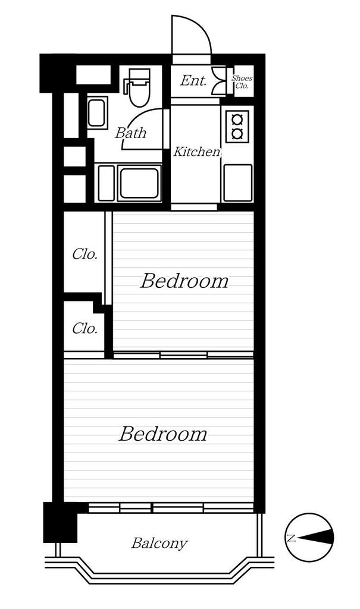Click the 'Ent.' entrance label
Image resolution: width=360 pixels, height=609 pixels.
click(193, 81)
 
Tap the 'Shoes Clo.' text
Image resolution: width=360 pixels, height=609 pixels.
click(242, 82)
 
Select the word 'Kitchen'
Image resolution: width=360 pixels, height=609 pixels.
click(197, 152)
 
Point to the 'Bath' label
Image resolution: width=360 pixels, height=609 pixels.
click(130, 133)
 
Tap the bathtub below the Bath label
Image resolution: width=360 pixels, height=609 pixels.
click(140, 183)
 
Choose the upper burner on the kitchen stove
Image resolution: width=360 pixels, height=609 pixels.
click(237, 118)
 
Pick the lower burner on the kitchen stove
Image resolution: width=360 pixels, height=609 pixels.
click(237, 134)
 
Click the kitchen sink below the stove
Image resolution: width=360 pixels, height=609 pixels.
click(237, 183)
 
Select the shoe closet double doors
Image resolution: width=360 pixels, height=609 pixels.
click(219, 81)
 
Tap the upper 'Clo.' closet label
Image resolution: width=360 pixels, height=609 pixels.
click(84, 255)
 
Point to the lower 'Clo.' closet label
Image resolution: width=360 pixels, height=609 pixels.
click(84, 328)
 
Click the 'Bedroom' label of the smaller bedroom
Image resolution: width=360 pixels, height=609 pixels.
click(184, 281)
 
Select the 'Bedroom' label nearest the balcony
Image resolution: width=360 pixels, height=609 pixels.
click(162, 434)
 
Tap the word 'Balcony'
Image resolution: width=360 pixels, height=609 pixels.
click(159, 543)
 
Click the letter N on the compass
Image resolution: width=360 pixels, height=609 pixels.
click(291, 538)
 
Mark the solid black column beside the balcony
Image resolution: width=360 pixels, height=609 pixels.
click(60, 522)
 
